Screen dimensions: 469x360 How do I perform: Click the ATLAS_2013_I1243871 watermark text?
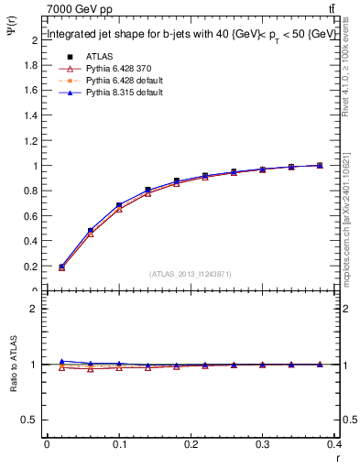(190, 274)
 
